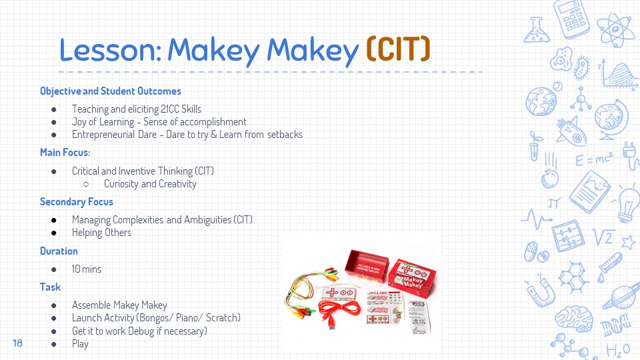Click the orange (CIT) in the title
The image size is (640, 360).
click(x=398, y=49)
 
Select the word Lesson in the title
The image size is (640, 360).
click(x=110, y=50)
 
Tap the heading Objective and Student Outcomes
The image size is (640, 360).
click(x=111, y=91)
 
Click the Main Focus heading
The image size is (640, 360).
click(x=65, y=152)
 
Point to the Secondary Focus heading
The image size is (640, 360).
click(x=76, y=201)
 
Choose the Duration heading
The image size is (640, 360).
click(x=59, y=251)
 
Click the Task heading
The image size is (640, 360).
click(x=50, y=287)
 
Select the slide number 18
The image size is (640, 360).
click(x=17, y=343)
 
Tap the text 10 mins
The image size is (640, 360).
click(x=87, y=269)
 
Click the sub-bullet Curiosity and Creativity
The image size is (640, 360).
click(x=150, y=184)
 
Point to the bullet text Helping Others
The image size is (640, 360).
click(x=101, y=233)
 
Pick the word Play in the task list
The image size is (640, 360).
click(x=80, y=344)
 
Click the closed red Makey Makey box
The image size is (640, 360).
click(x=412, y=277)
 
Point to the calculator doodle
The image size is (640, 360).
click(x=572, y=19)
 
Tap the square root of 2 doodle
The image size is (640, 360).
click(x=604, y=237)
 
